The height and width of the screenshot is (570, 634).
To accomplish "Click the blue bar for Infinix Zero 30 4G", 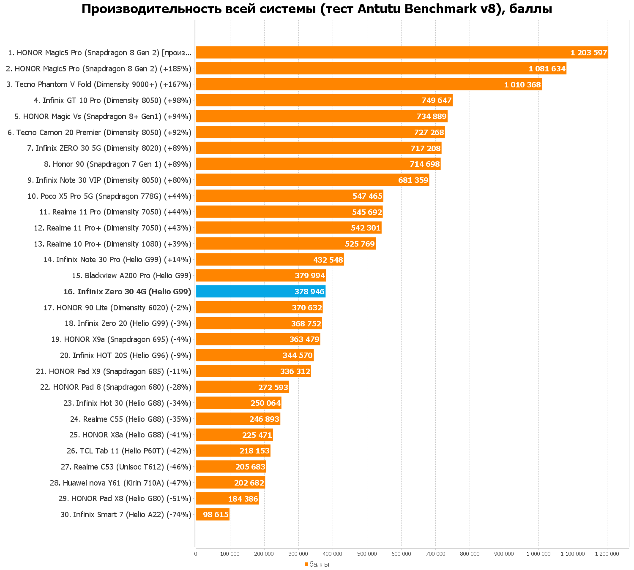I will [x=260, y=291].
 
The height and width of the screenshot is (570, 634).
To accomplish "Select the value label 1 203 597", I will [x=589, y=53].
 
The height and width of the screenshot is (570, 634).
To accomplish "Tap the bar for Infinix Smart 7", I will [x=213, y=514].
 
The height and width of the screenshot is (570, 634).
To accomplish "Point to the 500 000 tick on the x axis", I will [x=367, y=554].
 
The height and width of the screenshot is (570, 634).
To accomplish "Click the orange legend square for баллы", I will [x=306, y=564].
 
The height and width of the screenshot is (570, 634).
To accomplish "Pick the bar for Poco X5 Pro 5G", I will [x=290, y=196].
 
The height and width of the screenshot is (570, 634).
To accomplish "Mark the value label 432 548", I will [x=328, y=260].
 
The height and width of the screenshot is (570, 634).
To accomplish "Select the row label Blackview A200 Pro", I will [x=131, y=276].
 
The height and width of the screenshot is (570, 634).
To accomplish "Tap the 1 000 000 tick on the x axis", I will [x=538, y=554].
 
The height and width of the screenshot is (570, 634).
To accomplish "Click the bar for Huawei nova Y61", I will [x=230, y=483].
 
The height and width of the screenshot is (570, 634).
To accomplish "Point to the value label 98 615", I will [x=216, y=514].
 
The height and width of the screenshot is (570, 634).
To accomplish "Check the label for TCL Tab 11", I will [x=129, y=451].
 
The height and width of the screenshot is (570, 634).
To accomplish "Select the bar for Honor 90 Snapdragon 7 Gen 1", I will [x=318, y=164].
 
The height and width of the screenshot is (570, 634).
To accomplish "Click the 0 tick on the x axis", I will [x=196, y=554].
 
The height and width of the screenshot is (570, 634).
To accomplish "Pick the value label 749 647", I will [x=437, y=100].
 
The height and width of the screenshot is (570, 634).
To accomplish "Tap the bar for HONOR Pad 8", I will [x=242, y=387].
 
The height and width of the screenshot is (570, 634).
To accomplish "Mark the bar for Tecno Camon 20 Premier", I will [x=320, y=132].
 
